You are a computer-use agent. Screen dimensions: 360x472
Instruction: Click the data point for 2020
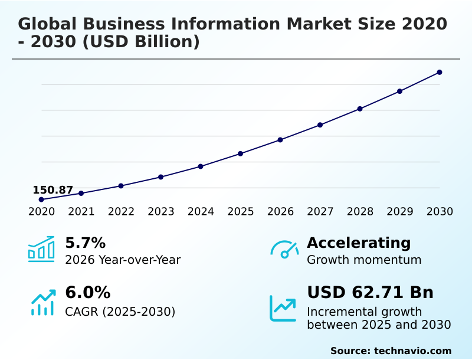tap(41, 199)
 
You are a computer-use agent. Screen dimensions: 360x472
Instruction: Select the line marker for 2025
tap(240, 153)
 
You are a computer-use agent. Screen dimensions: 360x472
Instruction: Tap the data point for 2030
tap(440, 72)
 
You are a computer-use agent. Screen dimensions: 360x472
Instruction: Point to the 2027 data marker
tap(320, 125)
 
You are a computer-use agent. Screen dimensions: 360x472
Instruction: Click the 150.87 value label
tap(53, 190)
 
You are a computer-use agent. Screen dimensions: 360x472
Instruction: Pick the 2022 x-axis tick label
tap(121, 211)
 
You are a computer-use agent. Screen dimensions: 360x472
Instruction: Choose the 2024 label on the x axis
tap(201, 211)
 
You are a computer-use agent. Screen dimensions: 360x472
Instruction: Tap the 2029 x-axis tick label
tap(399, 211)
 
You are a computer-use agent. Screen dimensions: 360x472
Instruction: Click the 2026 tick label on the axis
tap(280, 211)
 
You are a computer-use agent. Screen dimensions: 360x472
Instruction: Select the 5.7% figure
tap(85, 243)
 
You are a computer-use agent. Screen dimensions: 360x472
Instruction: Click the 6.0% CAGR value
tap(87, 292)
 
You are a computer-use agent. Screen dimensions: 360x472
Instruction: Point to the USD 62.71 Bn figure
tap(370, 292)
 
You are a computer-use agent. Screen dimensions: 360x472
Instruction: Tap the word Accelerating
tap(359, 243)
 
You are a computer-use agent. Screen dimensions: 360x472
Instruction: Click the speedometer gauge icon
tap(284, 250)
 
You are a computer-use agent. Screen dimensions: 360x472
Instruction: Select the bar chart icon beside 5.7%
tap(41, 249)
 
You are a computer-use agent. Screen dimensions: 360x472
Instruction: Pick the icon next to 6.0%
tap(42, 302)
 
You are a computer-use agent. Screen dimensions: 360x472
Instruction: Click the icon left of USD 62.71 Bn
tap(283, 308)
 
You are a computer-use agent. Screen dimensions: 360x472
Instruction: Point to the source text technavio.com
tap(412, 351)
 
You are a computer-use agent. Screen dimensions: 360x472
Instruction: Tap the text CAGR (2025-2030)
tap(120, 311)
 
